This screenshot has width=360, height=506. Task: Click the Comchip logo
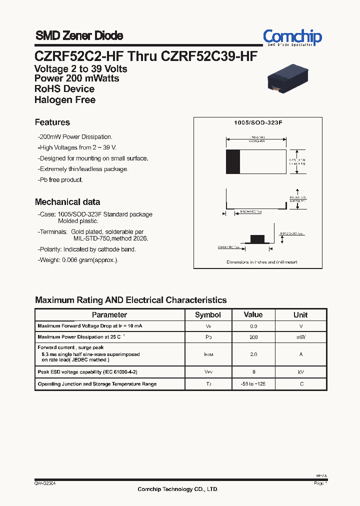point(292,37)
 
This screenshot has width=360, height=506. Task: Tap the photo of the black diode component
point(287,79)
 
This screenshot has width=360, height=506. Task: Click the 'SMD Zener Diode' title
point(79,36)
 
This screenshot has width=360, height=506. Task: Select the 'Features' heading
point(52,122)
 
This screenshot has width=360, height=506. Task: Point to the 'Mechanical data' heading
point(67,202)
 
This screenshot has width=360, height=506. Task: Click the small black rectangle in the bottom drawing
point(257,238)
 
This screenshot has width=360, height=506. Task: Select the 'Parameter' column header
point(109,315)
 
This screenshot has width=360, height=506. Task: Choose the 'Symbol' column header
point(207,315)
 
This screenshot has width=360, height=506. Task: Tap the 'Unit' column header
point(300,315)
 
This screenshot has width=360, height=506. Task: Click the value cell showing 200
point(253,337)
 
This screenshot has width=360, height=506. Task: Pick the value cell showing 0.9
point(253,326)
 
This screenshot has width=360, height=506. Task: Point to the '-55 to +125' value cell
point(253,384)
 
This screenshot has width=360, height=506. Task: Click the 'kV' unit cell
point(300,372)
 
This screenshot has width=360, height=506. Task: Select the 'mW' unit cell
point(300,337)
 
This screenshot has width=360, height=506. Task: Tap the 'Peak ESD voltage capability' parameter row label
point(87,372)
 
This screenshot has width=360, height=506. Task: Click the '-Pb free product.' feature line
point(60,179)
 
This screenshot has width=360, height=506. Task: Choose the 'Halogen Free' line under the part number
point(65,99)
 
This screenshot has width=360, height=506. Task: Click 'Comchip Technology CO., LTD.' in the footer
point(178,489)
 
